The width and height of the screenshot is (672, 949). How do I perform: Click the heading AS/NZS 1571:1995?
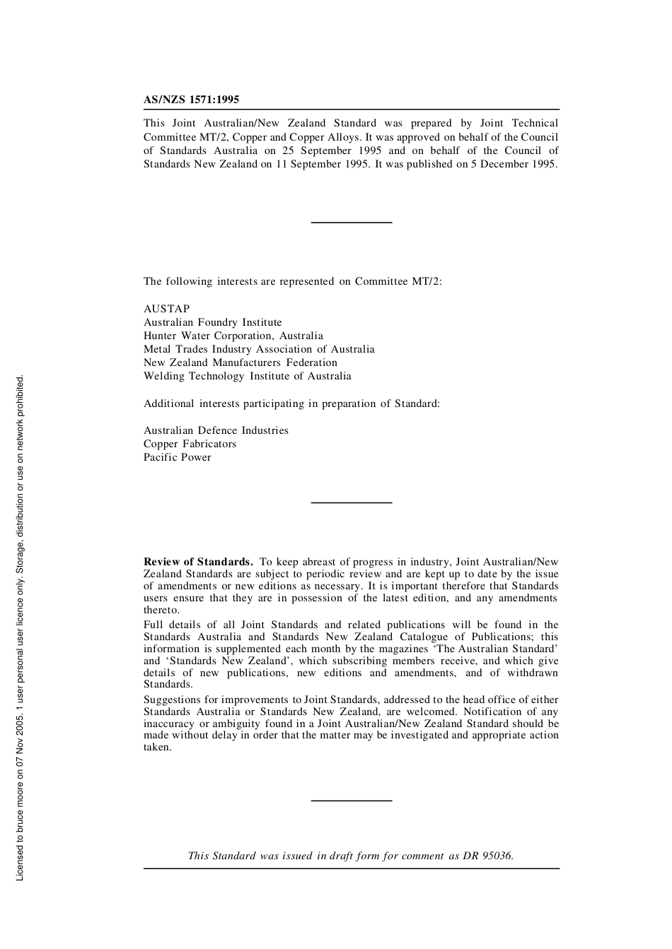coord(191,100)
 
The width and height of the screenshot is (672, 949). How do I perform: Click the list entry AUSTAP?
coord(167,309)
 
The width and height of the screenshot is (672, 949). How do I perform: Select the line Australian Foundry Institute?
coord(212,322)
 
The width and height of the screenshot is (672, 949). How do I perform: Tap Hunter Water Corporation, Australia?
coord(233,336)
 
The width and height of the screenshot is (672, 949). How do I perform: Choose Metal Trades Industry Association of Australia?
coord(259,349)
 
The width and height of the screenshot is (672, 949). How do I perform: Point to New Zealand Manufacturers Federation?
coord(241,362)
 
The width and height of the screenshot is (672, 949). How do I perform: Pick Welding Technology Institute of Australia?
coord(247,376)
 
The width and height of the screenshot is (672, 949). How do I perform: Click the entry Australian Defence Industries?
coord(216,430)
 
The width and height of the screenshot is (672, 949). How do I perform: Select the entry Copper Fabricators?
coord(190,444)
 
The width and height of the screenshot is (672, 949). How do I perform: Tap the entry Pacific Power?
coord(177,457)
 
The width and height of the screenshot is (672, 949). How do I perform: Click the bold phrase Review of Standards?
coord(198,562)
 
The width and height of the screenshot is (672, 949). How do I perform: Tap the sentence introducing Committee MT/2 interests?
coord(292,281)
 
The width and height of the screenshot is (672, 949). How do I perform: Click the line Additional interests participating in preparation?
coord(291,403)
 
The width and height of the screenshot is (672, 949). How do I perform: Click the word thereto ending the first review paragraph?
coord(161,610)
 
